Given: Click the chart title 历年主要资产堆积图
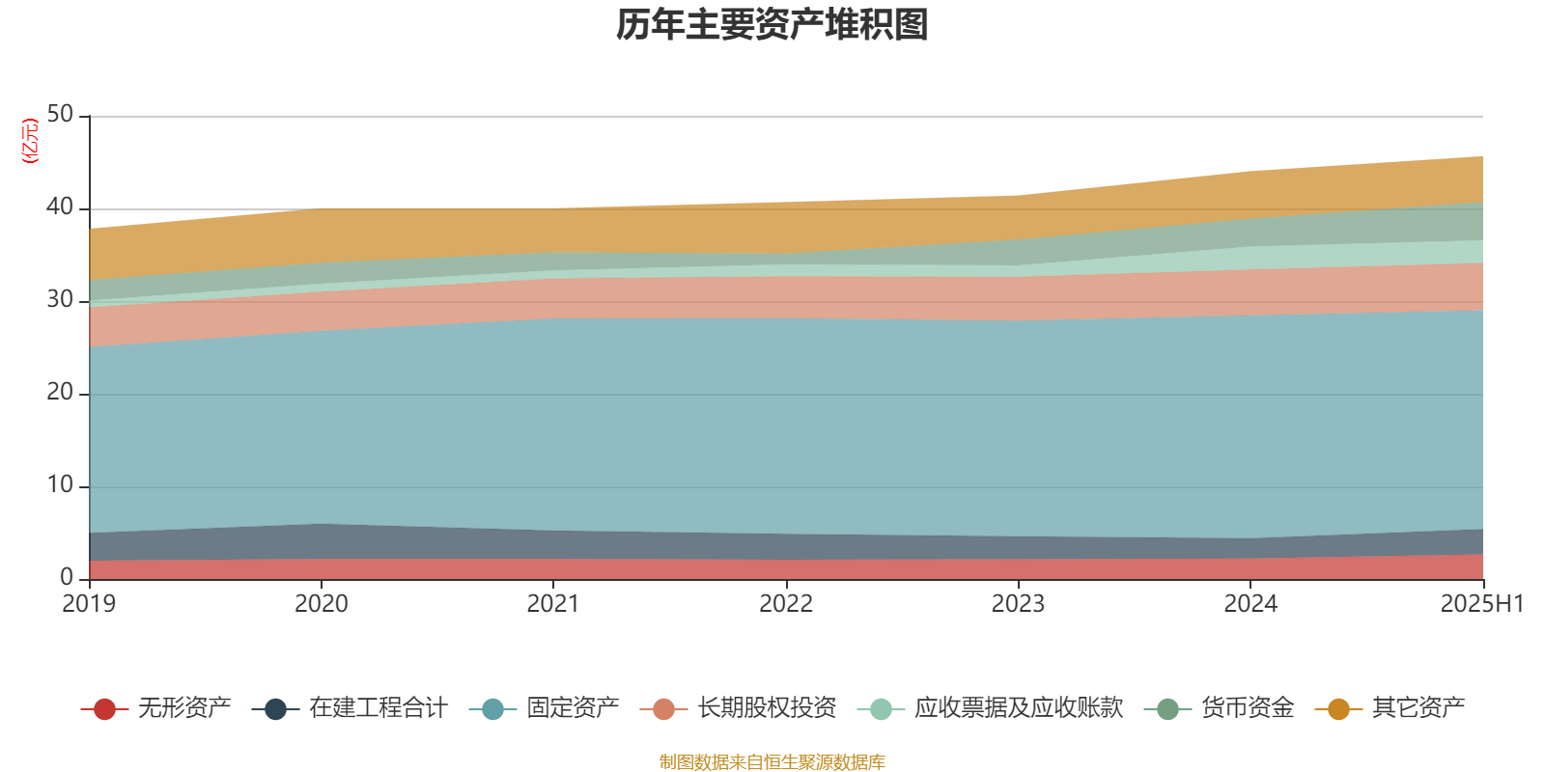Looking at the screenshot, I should point(772,25).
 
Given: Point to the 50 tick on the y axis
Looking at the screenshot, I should point(60,115).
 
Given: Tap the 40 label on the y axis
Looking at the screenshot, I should point(60,207).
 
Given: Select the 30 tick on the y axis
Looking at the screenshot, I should point(60,300).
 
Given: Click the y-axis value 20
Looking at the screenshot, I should point(60,393).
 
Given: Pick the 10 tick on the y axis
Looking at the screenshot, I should point(60,485).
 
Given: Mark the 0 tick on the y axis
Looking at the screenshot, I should point(67,578).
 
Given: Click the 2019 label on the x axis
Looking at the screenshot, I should point(89,604).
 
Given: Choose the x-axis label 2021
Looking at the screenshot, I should point(553,604).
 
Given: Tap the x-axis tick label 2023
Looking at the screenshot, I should point(1018,604).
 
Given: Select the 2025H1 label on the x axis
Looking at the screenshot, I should point(1480,604).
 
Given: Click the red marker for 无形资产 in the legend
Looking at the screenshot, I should point(104,709).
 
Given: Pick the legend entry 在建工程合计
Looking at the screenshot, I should point(378,708).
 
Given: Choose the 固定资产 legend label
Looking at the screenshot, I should point(573,708).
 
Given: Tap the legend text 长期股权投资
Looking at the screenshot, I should point(767,708).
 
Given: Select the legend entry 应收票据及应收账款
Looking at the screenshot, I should point(1019,708).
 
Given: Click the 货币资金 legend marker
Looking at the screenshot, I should point(1167,709).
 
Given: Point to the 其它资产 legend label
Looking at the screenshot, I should point(1419,708).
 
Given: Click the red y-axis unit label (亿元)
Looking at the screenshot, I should point(29,141).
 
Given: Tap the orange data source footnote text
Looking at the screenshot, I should point(772,762).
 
